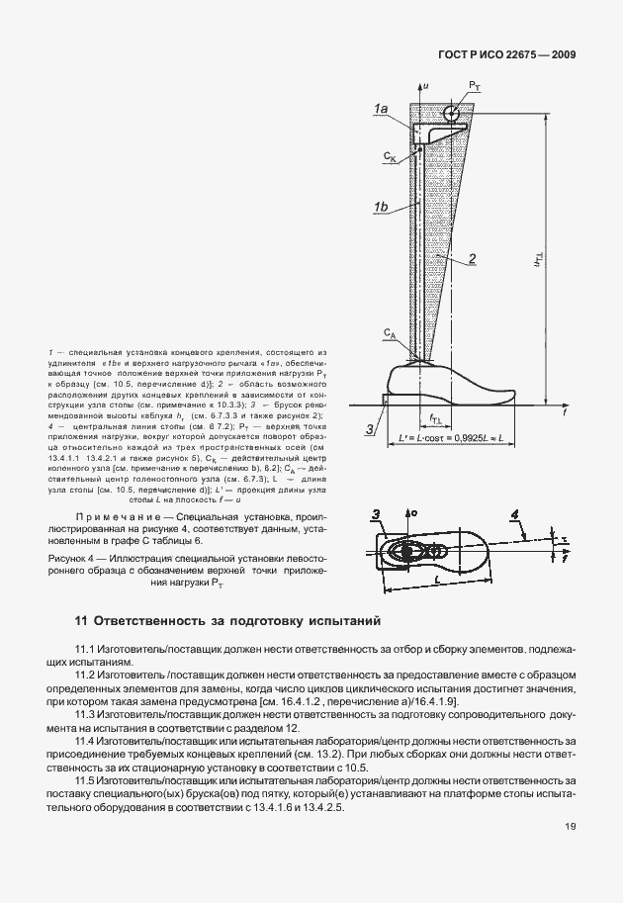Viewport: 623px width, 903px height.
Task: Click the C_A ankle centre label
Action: (392, 335)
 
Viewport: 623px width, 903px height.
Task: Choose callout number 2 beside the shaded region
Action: (475, 258)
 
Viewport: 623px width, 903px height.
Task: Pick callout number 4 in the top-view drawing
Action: (516, 513)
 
